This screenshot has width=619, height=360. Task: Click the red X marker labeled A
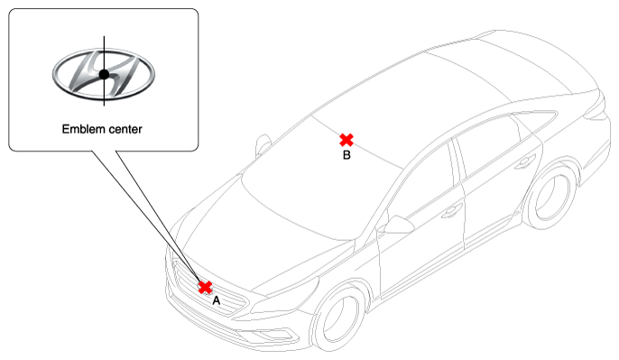[x=205, y=287]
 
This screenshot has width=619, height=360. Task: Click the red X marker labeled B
[x=346, y=140]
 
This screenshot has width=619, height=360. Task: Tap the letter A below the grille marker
[x=216, y=300]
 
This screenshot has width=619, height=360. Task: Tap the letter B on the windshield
[x=346, y=155]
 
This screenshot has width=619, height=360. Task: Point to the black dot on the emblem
[x=104, y=74]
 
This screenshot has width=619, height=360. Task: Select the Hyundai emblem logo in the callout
[x=104, y=74]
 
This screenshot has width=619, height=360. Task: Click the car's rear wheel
[x=550, y=196]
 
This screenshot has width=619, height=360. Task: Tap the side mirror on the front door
[x=398, y=225]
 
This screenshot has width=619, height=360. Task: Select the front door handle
[x=451, y=212]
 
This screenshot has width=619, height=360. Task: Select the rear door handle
[x=525, y=162]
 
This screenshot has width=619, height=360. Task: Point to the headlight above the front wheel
[x=285, y=296]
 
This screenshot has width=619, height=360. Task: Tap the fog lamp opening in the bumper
[x=276, y=335]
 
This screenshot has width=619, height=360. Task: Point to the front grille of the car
[x=209, y=288]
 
